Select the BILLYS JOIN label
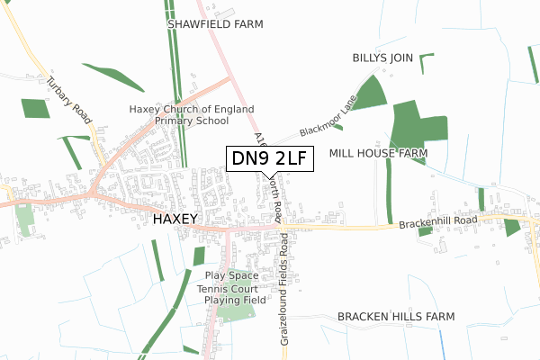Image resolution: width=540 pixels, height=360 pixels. click(x=382, y=58)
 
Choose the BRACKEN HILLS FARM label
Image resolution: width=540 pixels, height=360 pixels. click(x=396, y=317)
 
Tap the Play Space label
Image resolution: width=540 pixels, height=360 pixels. click(x=231, y=275)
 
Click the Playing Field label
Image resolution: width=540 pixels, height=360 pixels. click(x=235, y=300)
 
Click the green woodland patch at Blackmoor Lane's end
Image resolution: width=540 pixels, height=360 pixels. click(x=368, y=94)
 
